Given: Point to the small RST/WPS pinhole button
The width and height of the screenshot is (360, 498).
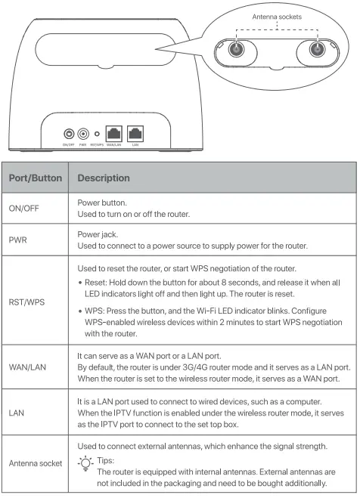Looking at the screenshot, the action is (x=96, y=132).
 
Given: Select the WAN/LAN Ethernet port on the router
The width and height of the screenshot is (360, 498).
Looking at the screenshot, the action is (x=113, y=131).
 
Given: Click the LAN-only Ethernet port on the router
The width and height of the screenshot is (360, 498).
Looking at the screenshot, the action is (x=135, y=131).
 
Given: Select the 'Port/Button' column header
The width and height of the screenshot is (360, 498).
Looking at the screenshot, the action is (x=34, y=178).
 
